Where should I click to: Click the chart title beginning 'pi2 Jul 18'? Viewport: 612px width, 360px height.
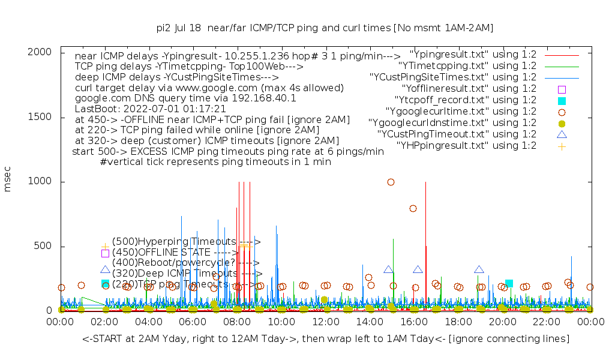pos(325,28)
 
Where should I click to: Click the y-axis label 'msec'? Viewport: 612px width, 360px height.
pos(8,181)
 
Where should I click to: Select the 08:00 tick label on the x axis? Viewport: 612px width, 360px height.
pos(236,323)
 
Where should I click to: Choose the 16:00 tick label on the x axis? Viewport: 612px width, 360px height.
pos(413,323)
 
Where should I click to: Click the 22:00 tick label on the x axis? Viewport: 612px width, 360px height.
pos(546,323)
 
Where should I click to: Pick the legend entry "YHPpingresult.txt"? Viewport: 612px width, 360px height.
pos(466,145)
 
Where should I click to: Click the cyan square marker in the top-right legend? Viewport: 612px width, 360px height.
pos(562,100)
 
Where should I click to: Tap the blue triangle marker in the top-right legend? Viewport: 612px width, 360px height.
pos(562,134)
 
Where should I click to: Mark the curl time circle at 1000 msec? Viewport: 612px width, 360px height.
pos(391,182)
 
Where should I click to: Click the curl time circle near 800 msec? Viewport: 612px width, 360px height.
pos(413,208)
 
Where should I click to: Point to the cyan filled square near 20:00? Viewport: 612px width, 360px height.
pos(509,283)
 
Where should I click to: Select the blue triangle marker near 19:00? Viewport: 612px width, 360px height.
pos(479,270)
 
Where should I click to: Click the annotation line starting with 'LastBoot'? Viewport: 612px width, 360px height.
pos(150,109)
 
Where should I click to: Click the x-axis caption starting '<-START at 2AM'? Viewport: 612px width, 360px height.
pos(326,339)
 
